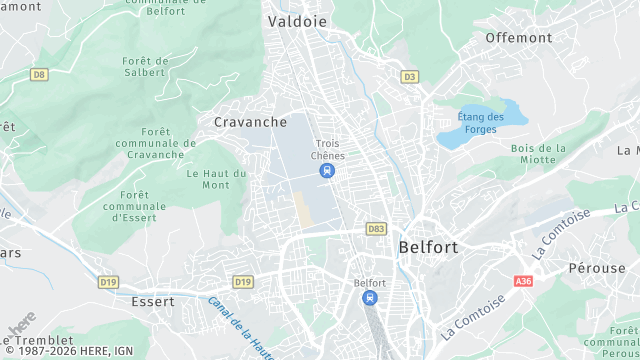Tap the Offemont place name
coord(518,38)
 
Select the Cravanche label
coord(250,122)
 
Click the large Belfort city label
coord(428,246)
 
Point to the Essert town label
coord(153,301)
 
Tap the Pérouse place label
coord(596,268)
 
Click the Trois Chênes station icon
coord(327,171)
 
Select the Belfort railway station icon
coord(370,298)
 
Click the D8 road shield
coord(39,74)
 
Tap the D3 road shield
coord(409,76)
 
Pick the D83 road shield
coord(376,229)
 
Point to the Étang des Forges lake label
coord(480,123)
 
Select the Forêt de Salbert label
coord(144,67)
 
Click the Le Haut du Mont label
coord(216,179)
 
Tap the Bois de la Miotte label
coord(538,154)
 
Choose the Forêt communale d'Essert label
coord(134,206)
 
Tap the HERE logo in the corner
coord(22,323)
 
